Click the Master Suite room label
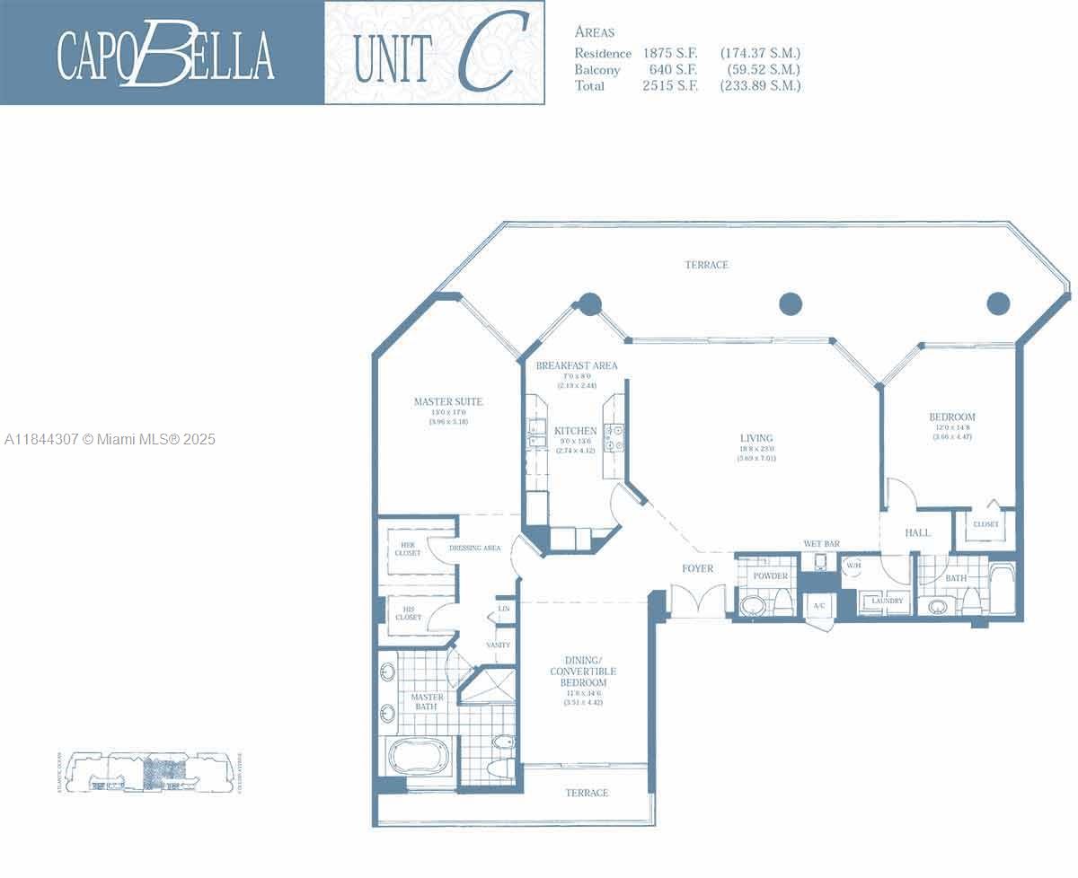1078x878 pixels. point(447,402)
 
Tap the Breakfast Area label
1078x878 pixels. point(576,366)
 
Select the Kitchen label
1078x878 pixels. point(576,431)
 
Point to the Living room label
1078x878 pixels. point(755,439)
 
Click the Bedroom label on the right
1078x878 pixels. point(951,417)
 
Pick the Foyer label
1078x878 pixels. point(697,568)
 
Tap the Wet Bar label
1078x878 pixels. point(821,544)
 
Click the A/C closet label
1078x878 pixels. point(819,606)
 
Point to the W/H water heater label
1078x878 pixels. point(852,566)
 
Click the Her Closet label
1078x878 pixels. point(408,549)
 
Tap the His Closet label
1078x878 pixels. point(408,613)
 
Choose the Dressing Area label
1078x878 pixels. point(474,548)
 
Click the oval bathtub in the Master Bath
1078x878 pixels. point(421,755)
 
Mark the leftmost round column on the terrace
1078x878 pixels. point(589,303)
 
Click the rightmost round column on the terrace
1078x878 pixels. point(998,303)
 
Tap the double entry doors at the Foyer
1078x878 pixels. point(698,600)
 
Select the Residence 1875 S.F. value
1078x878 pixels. point(669,54)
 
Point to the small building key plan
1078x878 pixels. point(149,772)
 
